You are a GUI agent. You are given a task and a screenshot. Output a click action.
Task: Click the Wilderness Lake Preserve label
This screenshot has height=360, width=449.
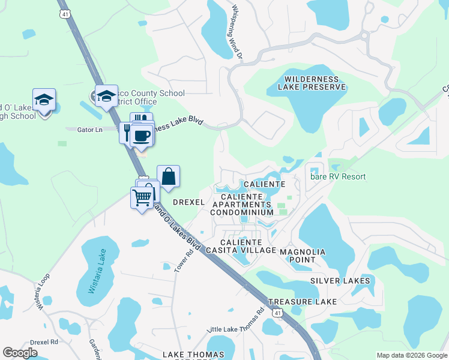[x=315, y=83]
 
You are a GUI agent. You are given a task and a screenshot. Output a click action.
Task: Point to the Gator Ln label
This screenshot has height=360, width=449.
[x=80, y=129]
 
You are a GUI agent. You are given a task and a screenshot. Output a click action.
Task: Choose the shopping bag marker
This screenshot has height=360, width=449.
[x=169, y=176]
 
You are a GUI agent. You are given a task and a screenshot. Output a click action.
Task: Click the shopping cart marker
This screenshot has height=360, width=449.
[x=142, y=197]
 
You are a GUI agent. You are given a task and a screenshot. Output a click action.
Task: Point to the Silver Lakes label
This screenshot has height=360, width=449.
[x=340, y=281]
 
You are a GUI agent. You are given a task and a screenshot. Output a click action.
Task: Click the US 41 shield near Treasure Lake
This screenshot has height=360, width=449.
[x=277, y=313]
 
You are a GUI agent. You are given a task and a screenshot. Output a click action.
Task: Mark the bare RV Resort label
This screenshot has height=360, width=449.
[x=337, y=176]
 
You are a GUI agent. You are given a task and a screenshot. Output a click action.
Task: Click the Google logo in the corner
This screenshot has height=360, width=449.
[x=20, y=353]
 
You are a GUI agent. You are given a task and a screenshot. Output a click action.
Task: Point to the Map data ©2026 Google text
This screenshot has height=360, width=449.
[x=411, y=355]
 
